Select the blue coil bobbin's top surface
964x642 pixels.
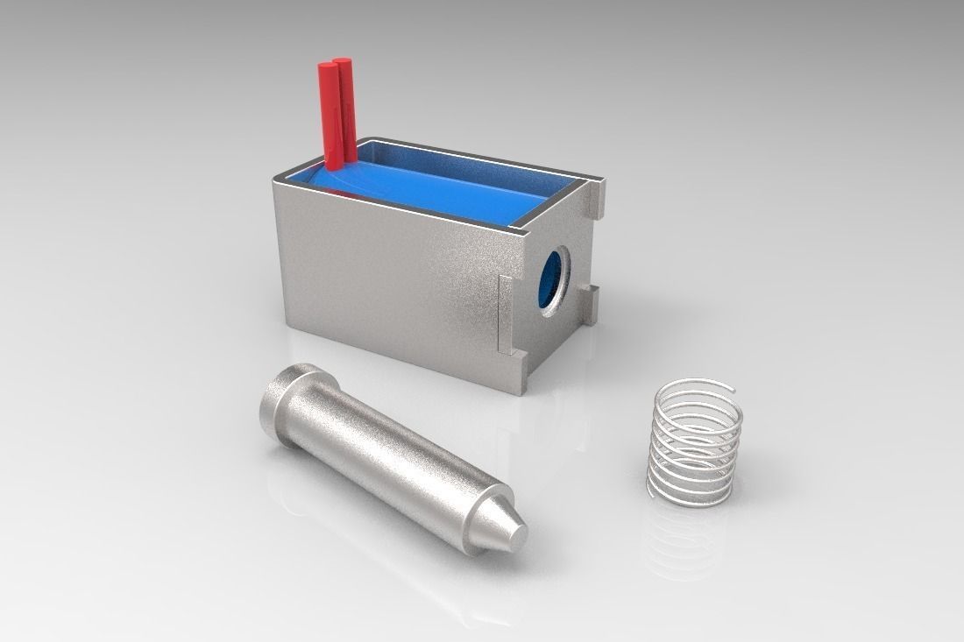click(x=438, y=188)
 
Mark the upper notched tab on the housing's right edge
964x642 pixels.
click(x=598, y=198)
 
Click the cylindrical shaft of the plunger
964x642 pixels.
click(x=386, y=455)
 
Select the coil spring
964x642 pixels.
click(x=697, y=442)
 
